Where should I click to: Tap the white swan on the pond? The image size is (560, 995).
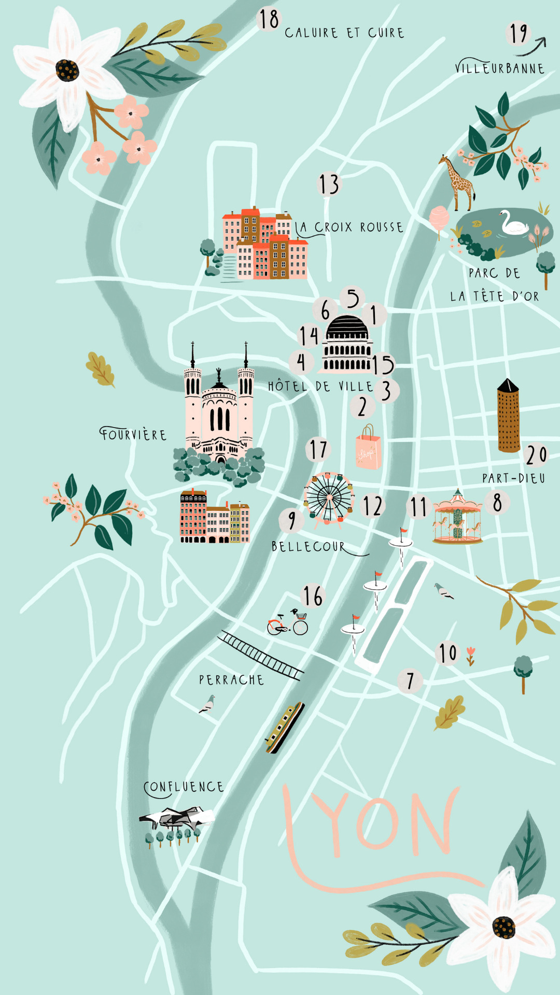(x=513, y=223)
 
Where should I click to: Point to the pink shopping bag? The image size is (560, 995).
(x=368, y=449)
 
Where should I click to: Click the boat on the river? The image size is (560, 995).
(x=284, y=727)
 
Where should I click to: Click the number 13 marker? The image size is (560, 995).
(x=329, y=184)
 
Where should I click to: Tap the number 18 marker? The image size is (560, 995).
(x=269, y=20)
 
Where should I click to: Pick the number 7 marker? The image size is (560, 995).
(x=410, y=680)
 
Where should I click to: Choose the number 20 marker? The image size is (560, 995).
(x=536, y=455)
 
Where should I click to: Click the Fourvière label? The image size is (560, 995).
(x=133, y=434)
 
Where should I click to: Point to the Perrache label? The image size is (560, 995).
(x=231, y=680)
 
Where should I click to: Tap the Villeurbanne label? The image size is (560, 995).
(x=499, y=68)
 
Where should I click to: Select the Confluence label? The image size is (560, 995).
(x=184, y=787)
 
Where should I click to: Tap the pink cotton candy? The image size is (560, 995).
(x=439, y=217)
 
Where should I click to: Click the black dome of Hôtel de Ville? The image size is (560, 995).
(x=347, y=327)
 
